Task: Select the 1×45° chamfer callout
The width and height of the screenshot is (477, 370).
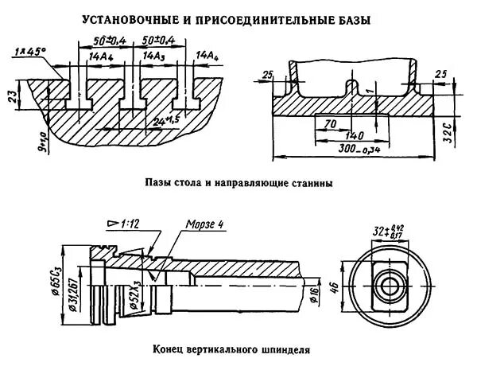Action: (29, 53)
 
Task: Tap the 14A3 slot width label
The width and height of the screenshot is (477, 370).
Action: (154, 56)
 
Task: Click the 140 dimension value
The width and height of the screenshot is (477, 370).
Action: (344, 136)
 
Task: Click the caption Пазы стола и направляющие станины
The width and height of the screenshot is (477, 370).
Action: (238, 182)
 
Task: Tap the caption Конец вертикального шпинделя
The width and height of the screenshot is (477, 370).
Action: (238, 349)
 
